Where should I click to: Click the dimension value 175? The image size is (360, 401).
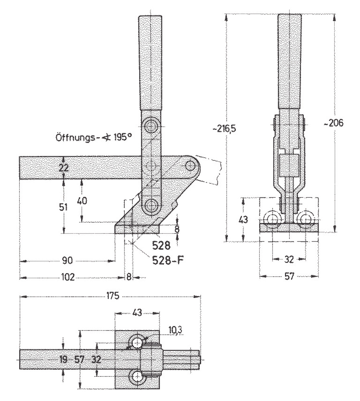click(x=113, y=296)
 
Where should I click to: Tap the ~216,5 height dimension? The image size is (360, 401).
click(x=226, y=129)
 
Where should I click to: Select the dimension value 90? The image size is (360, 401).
click(x=67, y=261)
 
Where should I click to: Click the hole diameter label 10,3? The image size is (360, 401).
click(x=175, y=330)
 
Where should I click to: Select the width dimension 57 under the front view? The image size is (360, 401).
click(x=290, y=276)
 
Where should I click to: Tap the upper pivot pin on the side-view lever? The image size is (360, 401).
click(x=151, y=126)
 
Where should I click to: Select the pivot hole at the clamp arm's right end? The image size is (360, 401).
click(x=191, y=165)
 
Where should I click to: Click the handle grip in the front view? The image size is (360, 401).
click(x=289, y=60)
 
